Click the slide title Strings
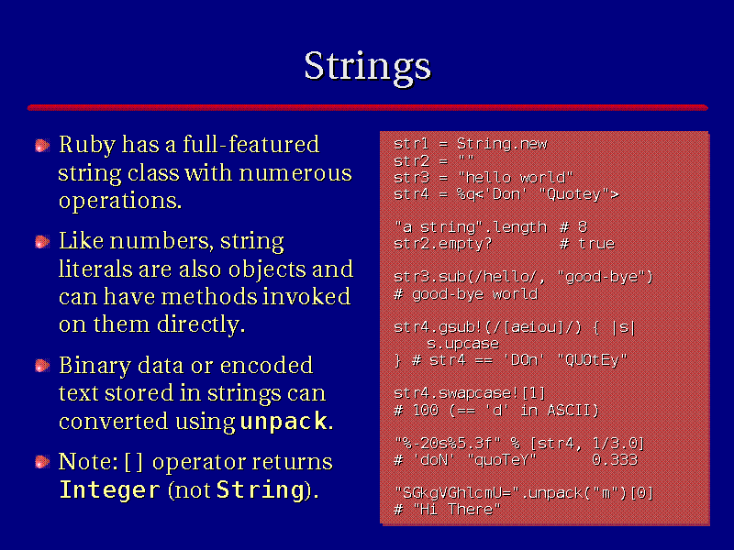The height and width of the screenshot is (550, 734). [368, 67]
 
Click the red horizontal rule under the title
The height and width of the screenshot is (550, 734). [368, 107]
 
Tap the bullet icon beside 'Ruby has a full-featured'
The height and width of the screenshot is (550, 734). [42, 146]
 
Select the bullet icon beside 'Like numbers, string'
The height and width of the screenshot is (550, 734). [42, 242]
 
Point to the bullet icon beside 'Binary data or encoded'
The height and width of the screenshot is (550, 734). [42, 366]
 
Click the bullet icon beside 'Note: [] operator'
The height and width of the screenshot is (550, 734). [42, 462]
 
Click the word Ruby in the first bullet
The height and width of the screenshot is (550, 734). [87, 145]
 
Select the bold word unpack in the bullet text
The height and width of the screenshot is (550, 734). [284, 421]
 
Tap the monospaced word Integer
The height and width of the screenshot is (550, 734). [109, 490]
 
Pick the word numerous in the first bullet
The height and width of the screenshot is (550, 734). [295, 173]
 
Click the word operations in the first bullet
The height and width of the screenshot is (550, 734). [120, 201]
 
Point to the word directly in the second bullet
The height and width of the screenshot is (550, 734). [201, 324]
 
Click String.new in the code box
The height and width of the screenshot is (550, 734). [502, 144]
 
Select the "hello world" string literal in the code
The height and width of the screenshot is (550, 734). [515, 177]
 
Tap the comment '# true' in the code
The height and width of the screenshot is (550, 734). [587, 244]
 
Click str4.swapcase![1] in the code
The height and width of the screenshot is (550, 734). [470, 393]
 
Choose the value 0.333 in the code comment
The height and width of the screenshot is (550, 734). [615, 460]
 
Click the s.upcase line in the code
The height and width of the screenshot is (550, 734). [462, 344]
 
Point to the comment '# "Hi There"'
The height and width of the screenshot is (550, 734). [447, 510]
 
